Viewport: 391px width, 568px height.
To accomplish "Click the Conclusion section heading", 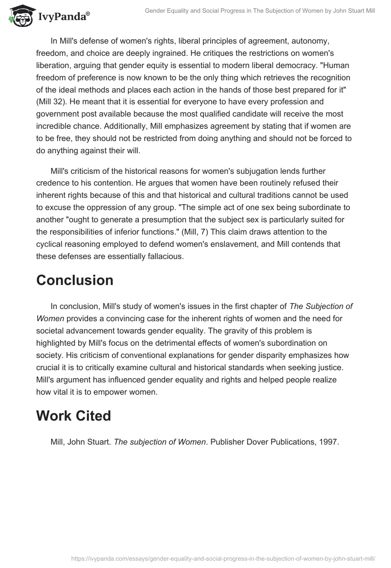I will (75, 280).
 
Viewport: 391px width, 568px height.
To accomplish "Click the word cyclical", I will (53, 244).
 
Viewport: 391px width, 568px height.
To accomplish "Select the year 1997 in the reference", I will (329, 442).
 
